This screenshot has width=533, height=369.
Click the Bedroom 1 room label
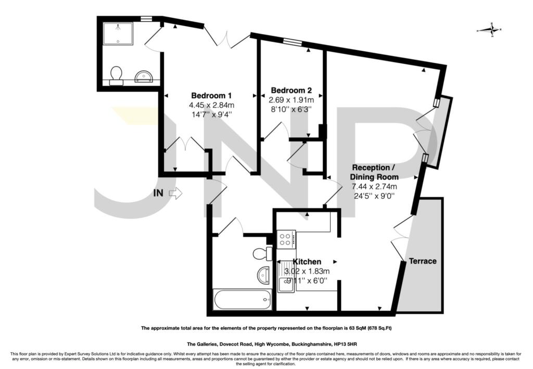click(211, 95)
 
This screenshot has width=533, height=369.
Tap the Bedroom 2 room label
click(291, 91)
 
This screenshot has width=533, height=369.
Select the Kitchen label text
click(307, 262)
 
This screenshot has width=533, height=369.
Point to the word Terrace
click(423, 261)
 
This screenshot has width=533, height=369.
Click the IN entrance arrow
click(175, 193)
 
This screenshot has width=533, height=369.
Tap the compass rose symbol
click(489, 30)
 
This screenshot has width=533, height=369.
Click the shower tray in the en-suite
click(118, 33)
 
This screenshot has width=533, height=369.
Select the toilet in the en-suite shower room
click(116, 75)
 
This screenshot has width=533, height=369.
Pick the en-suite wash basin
click(145, 77)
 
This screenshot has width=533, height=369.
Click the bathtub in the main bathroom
click(243, 299)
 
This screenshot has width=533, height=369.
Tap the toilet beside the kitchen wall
click(263, 253)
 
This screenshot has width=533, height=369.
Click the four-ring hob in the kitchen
click(286, 239)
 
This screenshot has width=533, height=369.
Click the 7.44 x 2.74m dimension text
click(374, 186)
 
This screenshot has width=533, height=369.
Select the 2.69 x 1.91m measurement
click(291, 100)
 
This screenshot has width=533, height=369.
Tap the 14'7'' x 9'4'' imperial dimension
click(211, 114)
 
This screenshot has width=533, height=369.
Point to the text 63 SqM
click(354, 328)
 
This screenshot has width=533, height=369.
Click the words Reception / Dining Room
click(374, 172)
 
